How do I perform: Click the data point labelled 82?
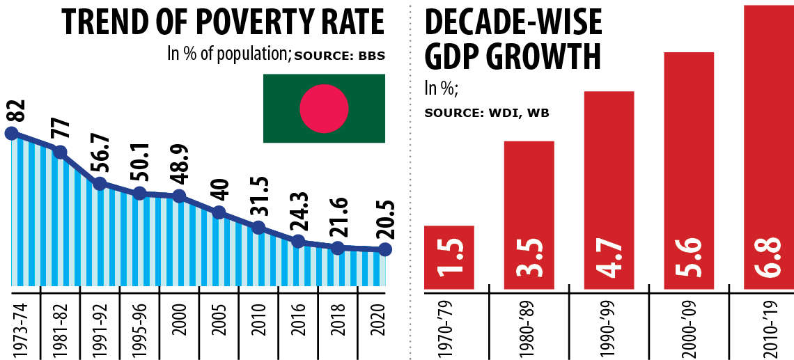click(x=10, y=133)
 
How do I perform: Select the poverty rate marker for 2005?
click(x=219, y=213)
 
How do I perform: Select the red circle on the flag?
click(x=323, y=109)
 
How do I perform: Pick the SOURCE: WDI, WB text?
click(x=487, y=112)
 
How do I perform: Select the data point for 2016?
click(x=298, y=241)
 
